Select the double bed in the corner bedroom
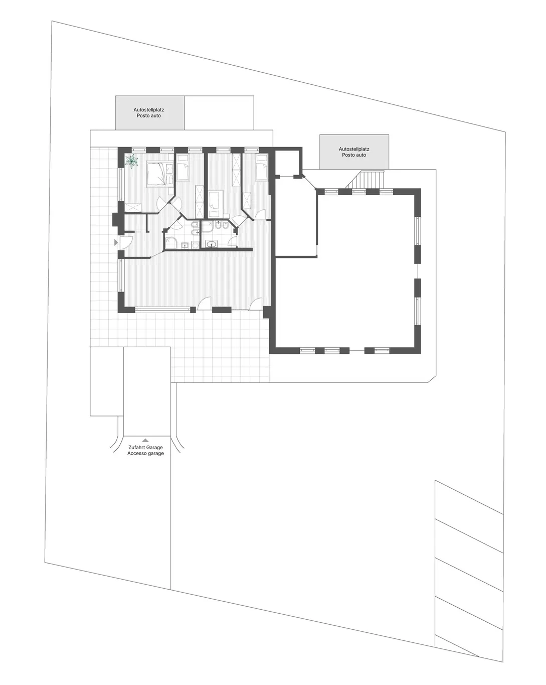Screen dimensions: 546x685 pyautogui.click(x=159, y=174)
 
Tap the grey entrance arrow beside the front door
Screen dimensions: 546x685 pyautogui.click(x=116, y=242)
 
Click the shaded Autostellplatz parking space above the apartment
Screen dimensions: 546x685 pyautogui.click(x=150, y=112)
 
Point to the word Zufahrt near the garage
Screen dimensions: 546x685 pyautogui.click(x=136, y=447)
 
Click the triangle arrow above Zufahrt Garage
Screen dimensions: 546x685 pyautogui.click(x=145, y=440)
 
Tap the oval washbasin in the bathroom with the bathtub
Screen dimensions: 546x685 pyautogui.click(x=212, y=244)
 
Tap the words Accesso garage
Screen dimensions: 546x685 pyautogui.click(x=145, y=453)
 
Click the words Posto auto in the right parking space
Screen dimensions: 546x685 pyautogui.click(x=354, y=155)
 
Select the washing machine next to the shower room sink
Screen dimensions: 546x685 pyautogui.click(x=195, y=245)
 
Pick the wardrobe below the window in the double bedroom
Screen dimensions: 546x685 pyautogui.click(x=133, y=207)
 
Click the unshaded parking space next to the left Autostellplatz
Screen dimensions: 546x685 pyautogui.click(x=219, y=112)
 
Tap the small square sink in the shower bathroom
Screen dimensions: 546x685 pyautogui.click(x=185, y=245)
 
